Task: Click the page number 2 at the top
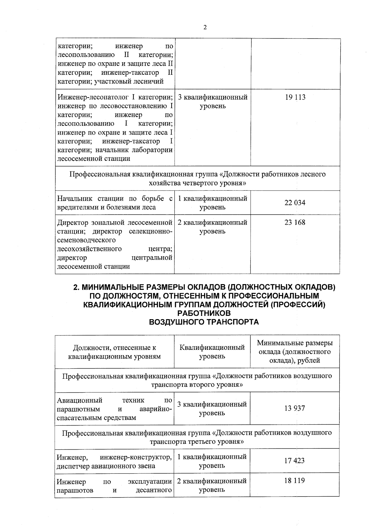(x=205, y=27)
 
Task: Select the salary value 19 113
(x=295, y=97)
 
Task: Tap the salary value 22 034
(x=295, y=202)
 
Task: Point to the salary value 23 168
(x=295, y=222)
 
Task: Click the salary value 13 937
(x=294, y=408)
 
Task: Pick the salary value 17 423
(x=294, y=461)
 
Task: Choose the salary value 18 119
(x=294, y=481)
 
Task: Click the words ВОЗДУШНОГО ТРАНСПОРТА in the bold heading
(x=204, y=322)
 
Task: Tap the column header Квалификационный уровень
(x=212, y=352)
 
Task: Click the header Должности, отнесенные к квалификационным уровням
(x=114, y=352)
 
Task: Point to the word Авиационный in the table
(x=80, y=400)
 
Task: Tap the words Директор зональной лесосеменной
(x=114, y=222)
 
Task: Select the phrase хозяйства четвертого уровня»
(x=197, y=183)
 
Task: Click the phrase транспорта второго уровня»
(x=197, y=385)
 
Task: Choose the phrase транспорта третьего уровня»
(x=197, y=442)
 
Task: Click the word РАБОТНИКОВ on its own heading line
(x=204, y=314)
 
